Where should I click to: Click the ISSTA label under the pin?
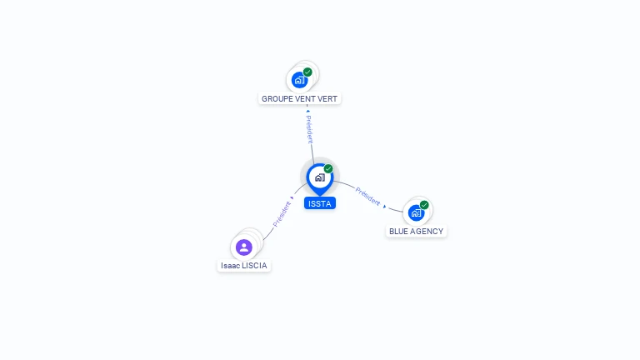[x=320, y=203]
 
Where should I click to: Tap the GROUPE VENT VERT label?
[x=299, y=99]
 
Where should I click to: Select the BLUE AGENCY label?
[x=416, y=232]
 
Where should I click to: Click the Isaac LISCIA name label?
[x=243, y=266]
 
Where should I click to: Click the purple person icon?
[x=243, y=247]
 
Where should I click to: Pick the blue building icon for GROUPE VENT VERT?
[x=300, y=80]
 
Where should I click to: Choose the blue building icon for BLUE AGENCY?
[x=416, y=213]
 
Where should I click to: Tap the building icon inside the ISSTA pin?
[x=320, y=177]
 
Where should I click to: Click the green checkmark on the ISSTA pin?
[x=328, y=168]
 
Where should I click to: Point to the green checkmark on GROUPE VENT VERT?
[x=307, y=72]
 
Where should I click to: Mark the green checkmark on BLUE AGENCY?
[x=424, y=205]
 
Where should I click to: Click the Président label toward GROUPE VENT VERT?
[x=310, y=129]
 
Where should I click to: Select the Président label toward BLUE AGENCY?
[x=367, y=197]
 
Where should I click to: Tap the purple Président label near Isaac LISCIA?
[x=282, y=214]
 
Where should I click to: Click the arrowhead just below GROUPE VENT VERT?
[x=308, y=111]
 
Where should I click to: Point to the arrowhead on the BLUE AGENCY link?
[x=384, y=207]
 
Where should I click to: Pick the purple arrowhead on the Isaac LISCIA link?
[x=292, y=198]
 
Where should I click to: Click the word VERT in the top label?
[x=327, y=99]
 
